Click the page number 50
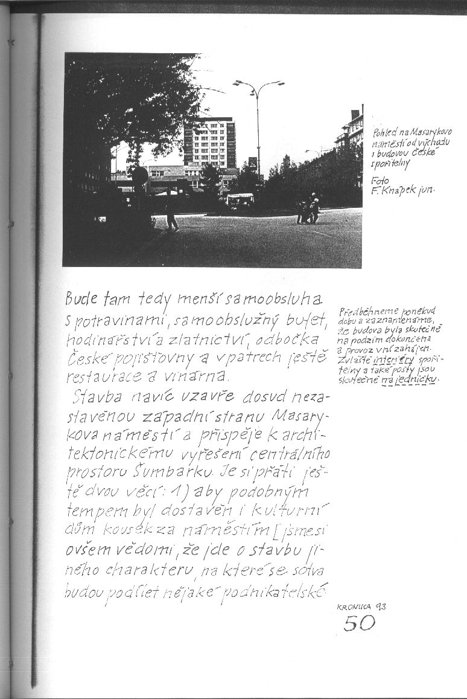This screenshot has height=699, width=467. pos(359,621)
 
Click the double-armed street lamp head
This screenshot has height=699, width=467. pos(258,83)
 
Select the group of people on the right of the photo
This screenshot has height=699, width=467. pos(308,210)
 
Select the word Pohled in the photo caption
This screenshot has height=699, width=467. pos(383,132)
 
